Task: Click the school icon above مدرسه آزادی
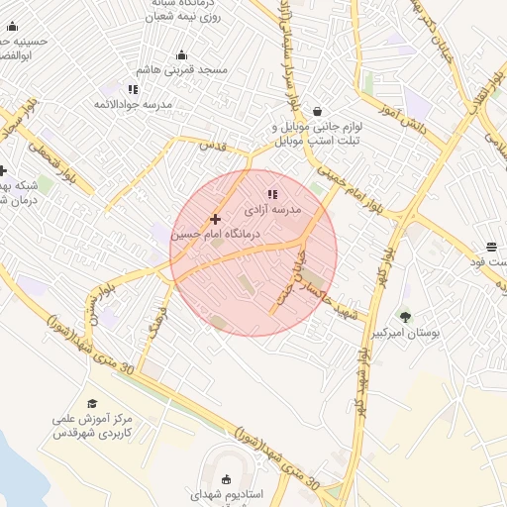(272, 193)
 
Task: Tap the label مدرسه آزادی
(292, 210)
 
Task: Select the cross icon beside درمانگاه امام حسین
(214, 219)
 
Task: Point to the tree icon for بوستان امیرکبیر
(405, 317)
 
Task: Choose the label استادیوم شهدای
(228, 494)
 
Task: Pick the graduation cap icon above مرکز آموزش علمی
(92, 403)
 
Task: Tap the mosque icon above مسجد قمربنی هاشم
(181, 55)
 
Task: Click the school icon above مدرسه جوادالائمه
(133, 89)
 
